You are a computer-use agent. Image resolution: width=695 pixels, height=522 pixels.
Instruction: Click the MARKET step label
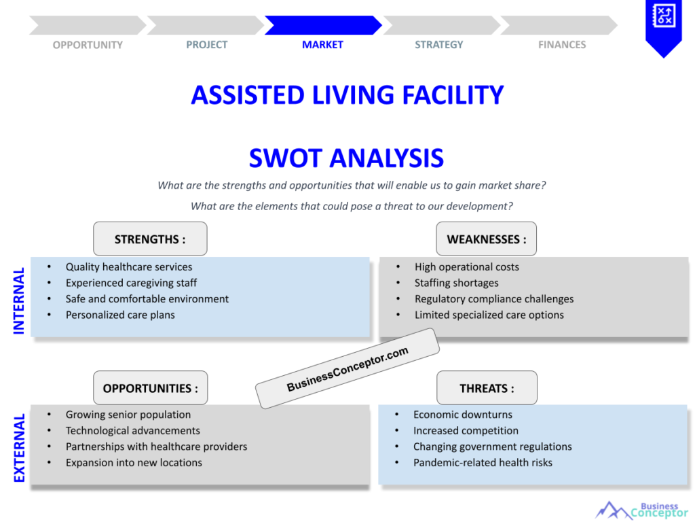click(x=322, y=45)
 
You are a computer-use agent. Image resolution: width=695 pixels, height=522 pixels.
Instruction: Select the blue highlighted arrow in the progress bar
click(x=322, y=25)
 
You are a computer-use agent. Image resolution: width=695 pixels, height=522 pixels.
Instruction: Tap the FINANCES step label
click(x=561, y=45)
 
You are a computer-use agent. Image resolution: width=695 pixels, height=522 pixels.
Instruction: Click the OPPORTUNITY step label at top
click(x=88, y=45)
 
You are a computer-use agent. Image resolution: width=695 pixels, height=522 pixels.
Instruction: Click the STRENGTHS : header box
click(x=150, y=239)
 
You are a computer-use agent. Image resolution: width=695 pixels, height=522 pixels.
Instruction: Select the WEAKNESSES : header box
click(x=486, y=239)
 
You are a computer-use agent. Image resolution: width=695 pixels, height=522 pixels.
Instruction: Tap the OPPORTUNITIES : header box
click(x=150, y=388)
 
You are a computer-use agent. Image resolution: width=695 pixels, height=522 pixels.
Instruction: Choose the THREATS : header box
click(x=486, y=388)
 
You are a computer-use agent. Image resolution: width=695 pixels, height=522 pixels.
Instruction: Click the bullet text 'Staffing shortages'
click(x=456, y=283)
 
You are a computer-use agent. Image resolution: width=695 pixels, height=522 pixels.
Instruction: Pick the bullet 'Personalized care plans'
click(x=120, y=315)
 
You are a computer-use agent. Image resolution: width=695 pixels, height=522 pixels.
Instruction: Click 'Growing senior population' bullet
click(x=128, y=415)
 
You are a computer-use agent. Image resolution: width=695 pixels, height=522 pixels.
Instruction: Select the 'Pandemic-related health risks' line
click(x=483, y=462)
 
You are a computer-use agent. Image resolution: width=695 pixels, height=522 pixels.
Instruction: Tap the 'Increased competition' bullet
click(x=466, y=430)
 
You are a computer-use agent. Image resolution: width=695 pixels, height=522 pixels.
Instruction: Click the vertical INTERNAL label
click(x=19, y=300)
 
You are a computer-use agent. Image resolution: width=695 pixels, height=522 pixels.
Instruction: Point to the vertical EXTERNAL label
click(x=19, y=448)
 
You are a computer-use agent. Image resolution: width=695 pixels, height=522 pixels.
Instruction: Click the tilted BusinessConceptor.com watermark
click(x=347, y=368)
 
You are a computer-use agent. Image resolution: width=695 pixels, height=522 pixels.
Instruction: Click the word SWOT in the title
click(x=288, y=158)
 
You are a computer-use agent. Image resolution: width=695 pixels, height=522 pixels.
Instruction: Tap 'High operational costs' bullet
click(x=466, y=267)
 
